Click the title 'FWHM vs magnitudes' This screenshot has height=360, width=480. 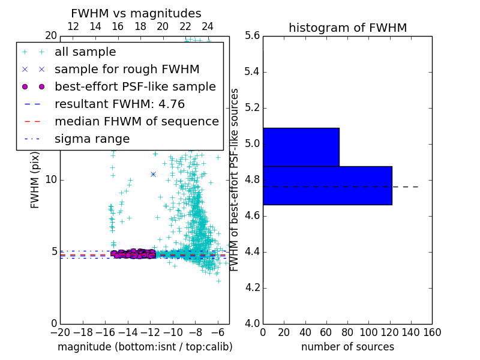pos(136,14)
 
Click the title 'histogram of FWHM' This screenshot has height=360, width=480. pos(347,28)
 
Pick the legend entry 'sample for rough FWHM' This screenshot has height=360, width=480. pos(127,69)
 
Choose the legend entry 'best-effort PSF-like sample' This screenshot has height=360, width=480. pos(135,86)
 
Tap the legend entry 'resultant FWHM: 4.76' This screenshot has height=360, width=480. pos(119,104)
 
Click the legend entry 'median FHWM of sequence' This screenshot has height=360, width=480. pos(136,121)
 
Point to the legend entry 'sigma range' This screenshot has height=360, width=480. pos(92,139)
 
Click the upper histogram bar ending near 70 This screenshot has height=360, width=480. pos(301,147)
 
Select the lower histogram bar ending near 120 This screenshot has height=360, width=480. pos(327,185)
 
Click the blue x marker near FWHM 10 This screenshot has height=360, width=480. pos(153,174)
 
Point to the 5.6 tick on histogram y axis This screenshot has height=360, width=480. pos(252,36)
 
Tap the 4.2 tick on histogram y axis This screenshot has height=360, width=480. pos(252,287)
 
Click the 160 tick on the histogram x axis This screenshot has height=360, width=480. pos(432,332)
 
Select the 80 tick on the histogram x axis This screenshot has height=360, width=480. pos(347,332)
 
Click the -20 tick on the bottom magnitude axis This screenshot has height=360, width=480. pos(60,332)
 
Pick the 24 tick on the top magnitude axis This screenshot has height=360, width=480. pos(208,26)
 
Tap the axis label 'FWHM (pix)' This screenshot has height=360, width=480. pos(35,180)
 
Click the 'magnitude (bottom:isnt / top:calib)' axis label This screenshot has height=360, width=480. pos(145,347)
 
